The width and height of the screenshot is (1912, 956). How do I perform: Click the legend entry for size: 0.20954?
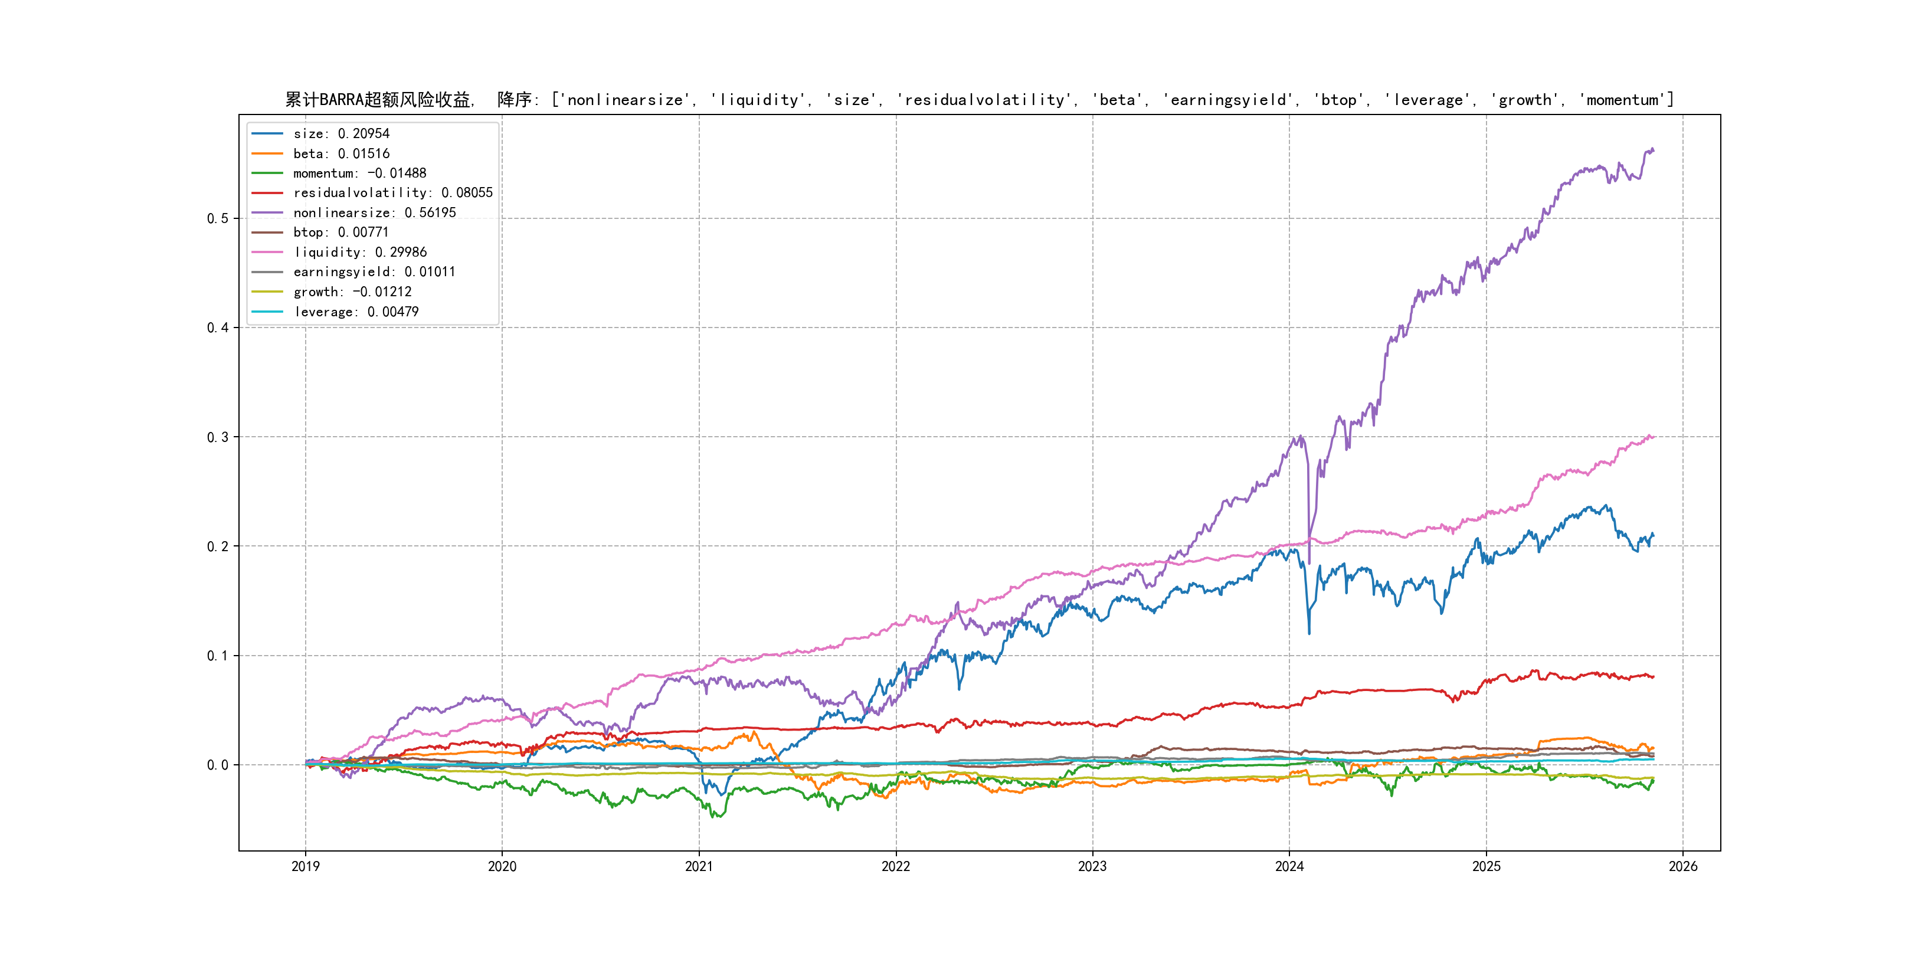coord(341,133)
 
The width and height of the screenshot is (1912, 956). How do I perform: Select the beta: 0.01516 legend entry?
coord(341,153)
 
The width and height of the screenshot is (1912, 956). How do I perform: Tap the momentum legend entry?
coord(359,173)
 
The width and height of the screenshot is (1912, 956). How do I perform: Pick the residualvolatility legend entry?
coord(392,193)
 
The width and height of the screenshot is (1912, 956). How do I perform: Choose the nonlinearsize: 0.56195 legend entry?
coord(374,212)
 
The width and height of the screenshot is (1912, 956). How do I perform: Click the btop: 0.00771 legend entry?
coord(341,233)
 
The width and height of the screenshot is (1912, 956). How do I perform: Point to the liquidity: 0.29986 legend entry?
coord(359,253)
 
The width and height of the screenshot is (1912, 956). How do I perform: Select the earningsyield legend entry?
coord(374,271)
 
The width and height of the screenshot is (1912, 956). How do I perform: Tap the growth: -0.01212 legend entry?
coord(352,292)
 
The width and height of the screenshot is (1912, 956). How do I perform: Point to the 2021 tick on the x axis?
coord(699,866)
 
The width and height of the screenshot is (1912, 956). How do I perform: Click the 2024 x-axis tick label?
coord(1289,866)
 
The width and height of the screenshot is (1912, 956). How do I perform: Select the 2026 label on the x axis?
coord(1682,866)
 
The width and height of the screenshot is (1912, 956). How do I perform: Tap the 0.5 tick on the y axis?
coord(218,218)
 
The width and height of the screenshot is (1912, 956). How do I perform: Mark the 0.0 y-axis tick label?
coord(218,765)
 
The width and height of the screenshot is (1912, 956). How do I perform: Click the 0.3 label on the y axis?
coord(218,437)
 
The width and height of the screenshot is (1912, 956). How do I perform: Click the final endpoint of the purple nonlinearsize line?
coord(1653,150)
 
